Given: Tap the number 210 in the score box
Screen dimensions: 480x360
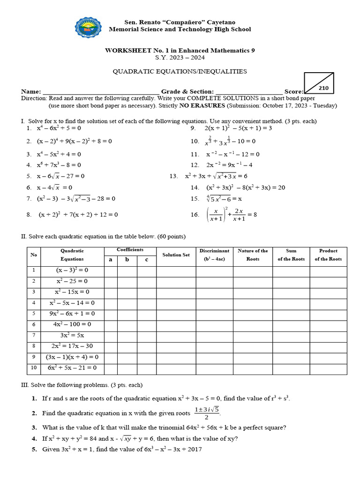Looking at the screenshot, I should click(x=323, y=88).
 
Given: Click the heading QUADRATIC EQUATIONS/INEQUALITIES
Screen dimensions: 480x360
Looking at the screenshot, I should click(x=180, y=72).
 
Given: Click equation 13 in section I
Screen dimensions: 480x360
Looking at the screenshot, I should click(x=216, y=176).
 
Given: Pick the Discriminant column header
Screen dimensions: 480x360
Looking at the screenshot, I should click(x=214, y=255).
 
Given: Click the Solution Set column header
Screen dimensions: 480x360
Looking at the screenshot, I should click(x=176, y=255).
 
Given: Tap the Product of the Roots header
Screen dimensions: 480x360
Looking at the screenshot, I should click(x=328, y=255).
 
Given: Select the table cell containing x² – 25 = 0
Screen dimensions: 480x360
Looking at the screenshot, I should click(x=72, y=281).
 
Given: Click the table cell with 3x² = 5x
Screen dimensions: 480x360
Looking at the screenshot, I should click(x=72, y=335).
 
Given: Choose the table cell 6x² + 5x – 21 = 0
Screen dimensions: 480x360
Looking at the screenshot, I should click(x=72, y=368).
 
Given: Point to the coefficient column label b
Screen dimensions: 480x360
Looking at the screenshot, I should click(x=127, y=259).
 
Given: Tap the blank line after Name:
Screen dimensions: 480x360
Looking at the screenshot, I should click(x=101, y=92).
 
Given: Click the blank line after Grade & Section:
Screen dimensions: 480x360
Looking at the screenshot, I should click(x=249, y=92).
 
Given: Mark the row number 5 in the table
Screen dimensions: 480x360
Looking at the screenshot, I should click(x=33, y=314).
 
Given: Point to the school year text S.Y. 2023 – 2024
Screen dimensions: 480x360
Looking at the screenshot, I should click(x=180, y=58).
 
